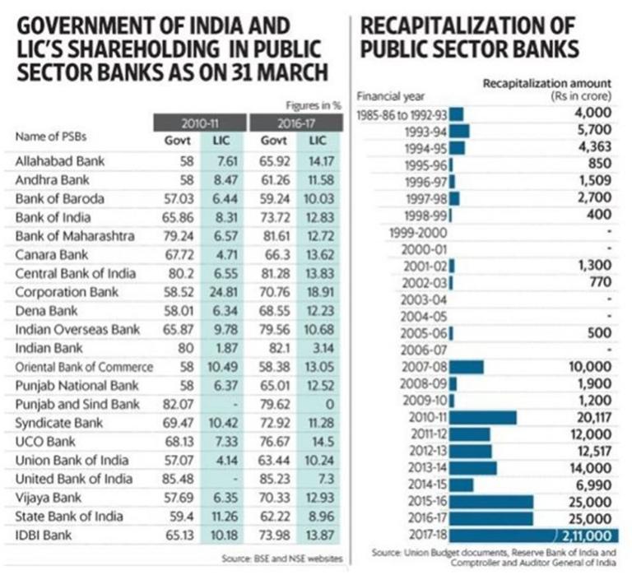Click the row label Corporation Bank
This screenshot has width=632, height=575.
(x=67, y=291)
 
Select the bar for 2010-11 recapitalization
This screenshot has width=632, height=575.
(x=483, y=417)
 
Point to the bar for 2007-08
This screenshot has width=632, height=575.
(x=467, y=366)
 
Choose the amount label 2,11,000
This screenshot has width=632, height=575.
(x=585, y=536)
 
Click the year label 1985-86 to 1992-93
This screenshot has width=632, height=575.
(x=402, y=114)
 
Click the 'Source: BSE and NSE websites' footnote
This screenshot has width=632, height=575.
(x=281, y=559)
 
